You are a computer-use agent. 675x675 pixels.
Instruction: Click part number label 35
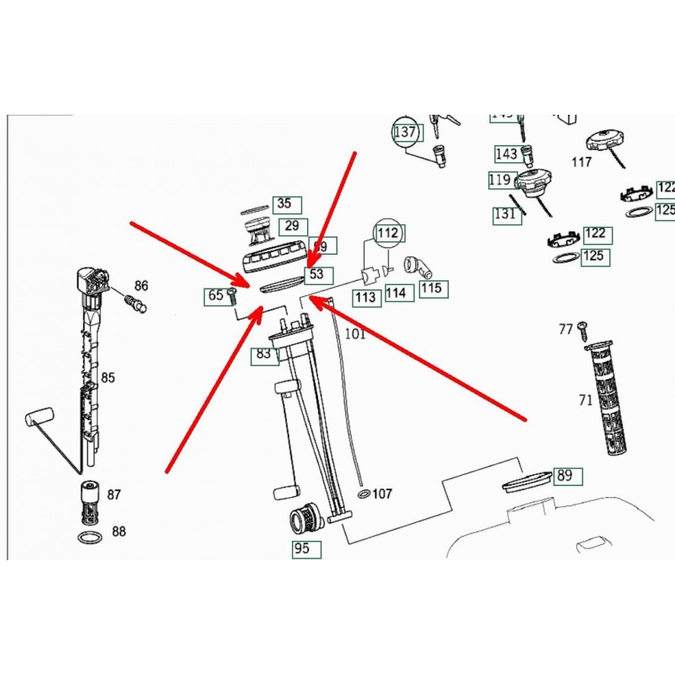tap(284, 203)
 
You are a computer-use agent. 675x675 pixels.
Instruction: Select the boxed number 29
tap(292, 226)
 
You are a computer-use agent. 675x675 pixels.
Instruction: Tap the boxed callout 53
tap(316, 274)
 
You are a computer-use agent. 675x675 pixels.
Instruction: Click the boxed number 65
tap(215, 295)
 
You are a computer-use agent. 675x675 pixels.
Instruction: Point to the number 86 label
tap(141, 286)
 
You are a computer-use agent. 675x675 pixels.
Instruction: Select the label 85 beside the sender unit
tap(109, 376)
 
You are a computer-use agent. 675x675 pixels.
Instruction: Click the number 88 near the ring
tap(118, 532)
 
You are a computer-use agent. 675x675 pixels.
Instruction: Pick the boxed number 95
tap(301, 548)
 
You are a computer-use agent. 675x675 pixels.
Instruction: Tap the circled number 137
tap(405, 132)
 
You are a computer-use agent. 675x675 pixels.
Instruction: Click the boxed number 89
tap(564, 476)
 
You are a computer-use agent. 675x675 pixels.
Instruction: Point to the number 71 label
tap(585, 400)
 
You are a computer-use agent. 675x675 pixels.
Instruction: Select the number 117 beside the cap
tap(581, 162)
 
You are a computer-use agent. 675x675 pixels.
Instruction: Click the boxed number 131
tap(505, 213)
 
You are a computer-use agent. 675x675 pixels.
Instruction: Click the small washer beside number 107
tap(364, 492)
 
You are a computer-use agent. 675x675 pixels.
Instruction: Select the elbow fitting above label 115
tap(418, 267)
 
